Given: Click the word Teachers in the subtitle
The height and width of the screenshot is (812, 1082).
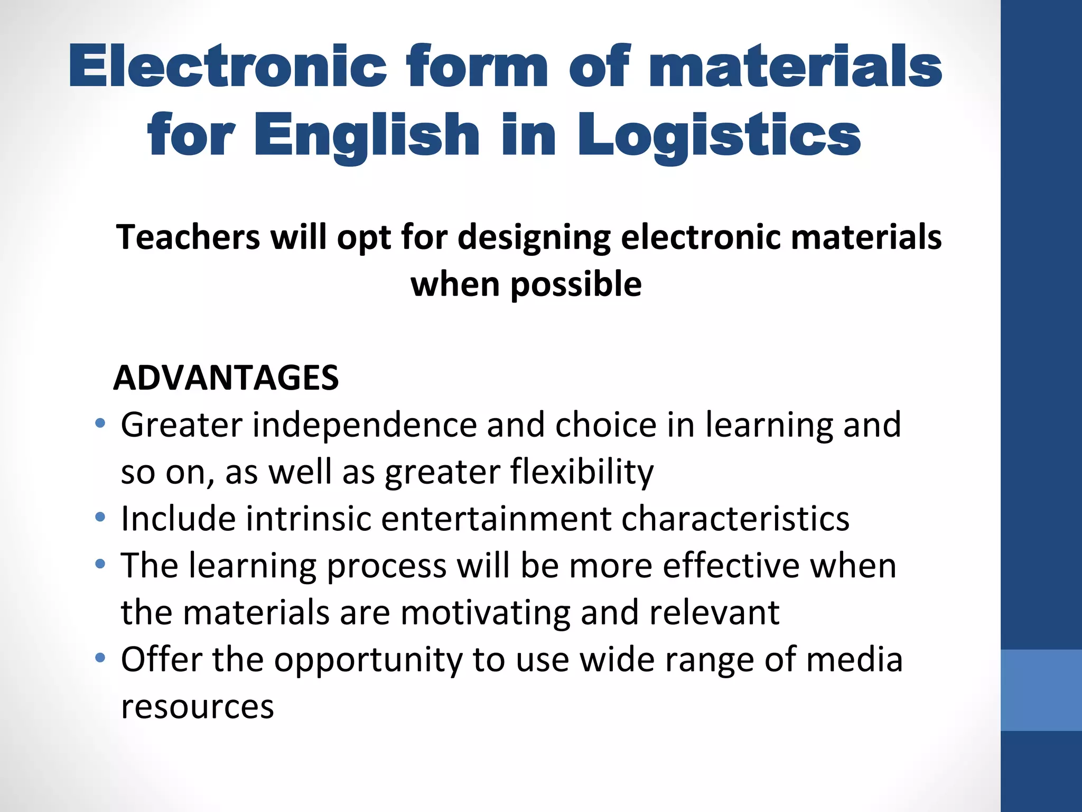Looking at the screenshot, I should click(x=189, y=237).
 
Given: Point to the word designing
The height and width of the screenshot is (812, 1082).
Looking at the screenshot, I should click(x=534, y=238).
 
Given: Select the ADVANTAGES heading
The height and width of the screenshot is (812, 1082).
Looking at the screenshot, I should click(x=226, y=377).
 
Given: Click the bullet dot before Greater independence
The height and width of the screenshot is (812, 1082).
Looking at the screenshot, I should click(x=100, y=423).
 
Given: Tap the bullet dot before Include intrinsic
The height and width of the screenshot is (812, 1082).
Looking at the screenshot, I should click(x=100, y=517).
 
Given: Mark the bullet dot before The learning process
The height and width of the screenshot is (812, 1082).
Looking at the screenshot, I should click(x=100, y=564).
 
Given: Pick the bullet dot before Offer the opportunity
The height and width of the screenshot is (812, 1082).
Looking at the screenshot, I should click(x=100, y=658).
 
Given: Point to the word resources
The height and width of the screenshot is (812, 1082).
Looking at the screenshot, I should click(x=198, y=706).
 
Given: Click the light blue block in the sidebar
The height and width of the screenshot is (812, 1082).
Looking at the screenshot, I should click(x=1041, y=690).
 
